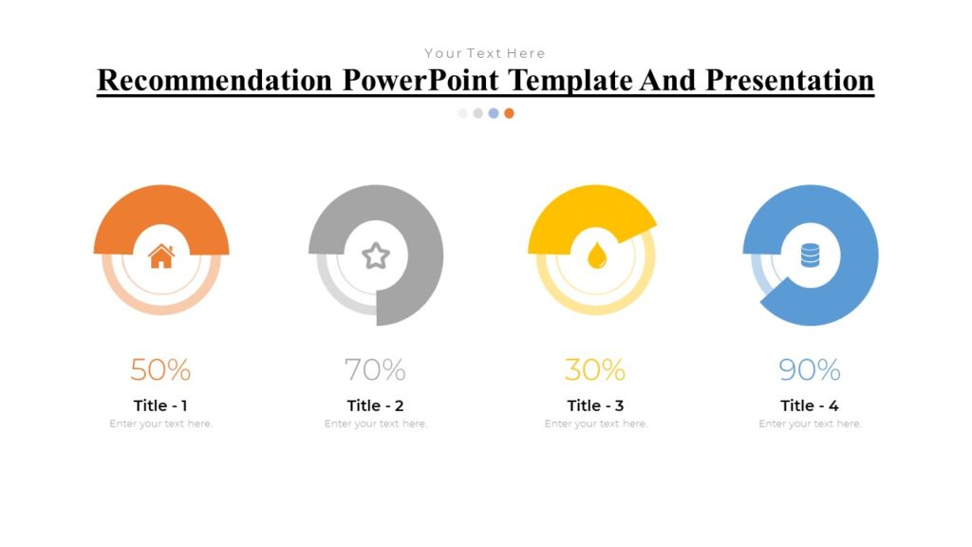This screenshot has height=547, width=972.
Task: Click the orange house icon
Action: pos(161,255)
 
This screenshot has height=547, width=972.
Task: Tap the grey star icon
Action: pos(376,255)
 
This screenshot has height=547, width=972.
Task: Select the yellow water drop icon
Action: pos(596,255)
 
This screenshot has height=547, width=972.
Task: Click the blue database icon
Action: pos(810,255)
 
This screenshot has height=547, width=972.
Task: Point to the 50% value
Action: pos(160,369)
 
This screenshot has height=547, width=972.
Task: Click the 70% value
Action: pos(375,369)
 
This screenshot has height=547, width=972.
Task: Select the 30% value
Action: pos(595,369)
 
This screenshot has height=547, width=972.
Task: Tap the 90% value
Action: pos(810,369)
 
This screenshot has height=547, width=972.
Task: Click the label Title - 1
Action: pos(160,406)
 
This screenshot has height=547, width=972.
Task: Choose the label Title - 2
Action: pos(376,406)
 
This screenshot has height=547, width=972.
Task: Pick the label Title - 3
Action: pos(595,406)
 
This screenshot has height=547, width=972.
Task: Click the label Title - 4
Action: pos(810,406)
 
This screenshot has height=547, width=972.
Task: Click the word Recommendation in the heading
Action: pos(215,81)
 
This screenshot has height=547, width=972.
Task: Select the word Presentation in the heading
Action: pos(789,81)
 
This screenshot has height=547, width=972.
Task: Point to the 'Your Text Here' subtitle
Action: pos(485,53)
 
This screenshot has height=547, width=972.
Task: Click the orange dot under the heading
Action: pos(510,113)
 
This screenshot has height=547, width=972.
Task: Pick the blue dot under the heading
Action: pos(494,113)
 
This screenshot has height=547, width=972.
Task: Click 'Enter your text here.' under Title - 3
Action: pos(595,424)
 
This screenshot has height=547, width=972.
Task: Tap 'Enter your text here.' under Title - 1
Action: pos(160,424)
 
